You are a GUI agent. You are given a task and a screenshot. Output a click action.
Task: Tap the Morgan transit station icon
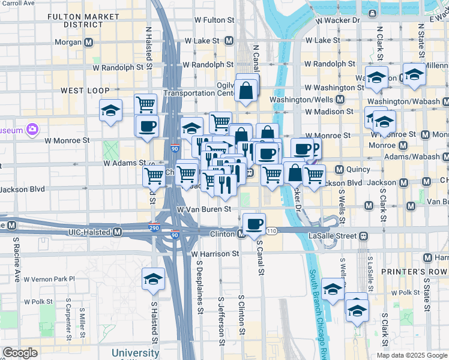click(x=88, y=42)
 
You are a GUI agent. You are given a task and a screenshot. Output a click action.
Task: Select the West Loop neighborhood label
click(x=85, y=90)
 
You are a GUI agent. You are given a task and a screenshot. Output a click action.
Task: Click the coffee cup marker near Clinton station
click(x=255, y=223)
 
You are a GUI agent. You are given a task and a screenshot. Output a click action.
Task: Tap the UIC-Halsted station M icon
click(x=117, y=232)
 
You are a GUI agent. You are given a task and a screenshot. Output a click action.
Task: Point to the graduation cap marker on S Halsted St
click(x=153, y=279)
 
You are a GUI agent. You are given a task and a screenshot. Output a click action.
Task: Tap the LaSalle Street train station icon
click(x=364, y=236)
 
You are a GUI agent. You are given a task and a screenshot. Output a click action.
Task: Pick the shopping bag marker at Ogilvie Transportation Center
click(x=247, y=92)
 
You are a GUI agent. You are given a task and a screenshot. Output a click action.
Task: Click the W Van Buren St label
click(x=204, y=209)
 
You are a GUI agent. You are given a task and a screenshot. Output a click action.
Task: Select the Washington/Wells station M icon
click(x=340, y=100)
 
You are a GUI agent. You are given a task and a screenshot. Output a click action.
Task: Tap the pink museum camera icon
click(x=32, y=130)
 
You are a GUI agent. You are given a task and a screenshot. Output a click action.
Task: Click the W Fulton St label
click(x=206, y=20)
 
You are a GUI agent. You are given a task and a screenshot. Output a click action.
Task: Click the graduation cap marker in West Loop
click(x=111, y=110)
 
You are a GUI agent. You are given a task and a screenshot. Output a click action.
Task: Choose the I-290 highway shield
click(x=154, y=228)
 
